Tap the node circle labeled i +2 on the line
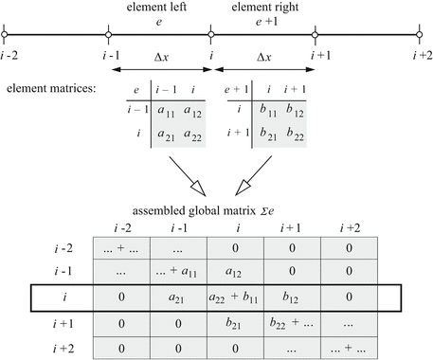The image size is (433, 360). [x=418, y=37]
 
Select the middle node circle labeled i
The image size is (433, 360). [x=211, y=37]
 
